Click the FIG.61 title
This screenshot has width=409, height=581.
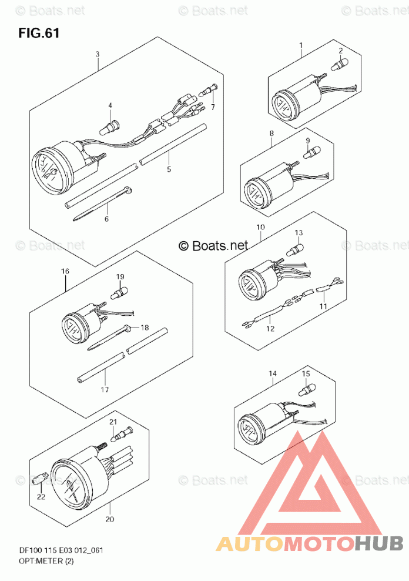pyautogui.click(x=39, y=34)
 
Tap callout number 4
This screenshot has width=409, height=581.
pyautogui.click(x=109, y=105)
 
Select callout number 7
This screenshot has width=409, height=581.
pyautogui.click(x=213, y=106)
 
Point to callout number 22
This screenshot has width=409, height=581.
pyautogui.click(x=41, y=497)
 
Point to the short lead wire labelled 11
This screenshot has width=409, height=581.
pyautogui.click(x=324, y=289)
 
